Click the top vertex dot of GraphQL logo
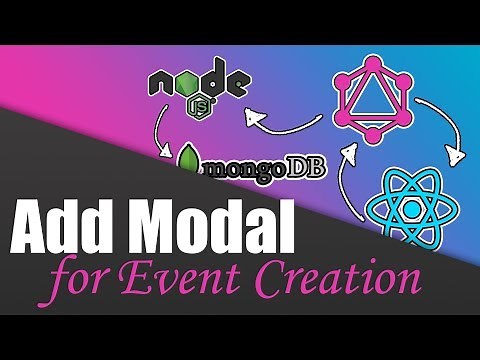point(374,61)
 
